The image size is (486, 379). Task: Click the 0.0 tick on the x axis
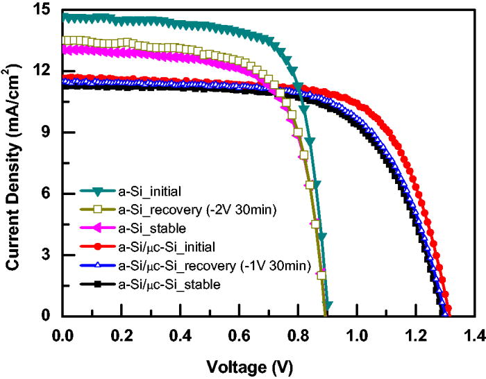coord(63,331)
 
